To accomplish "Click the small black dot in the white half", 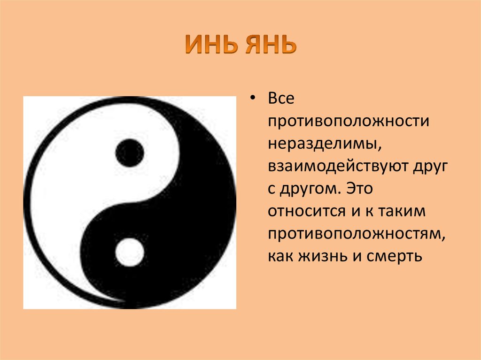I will pos(130,153).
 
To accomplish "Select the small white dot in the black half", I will pos(130,252).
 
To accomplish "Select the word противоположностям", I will pos(357,234).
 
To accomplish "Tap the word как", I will pos(281,256).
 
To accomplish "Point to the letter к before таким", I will pos(370,211).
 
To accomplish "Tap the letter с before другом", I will pos(272,189).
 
